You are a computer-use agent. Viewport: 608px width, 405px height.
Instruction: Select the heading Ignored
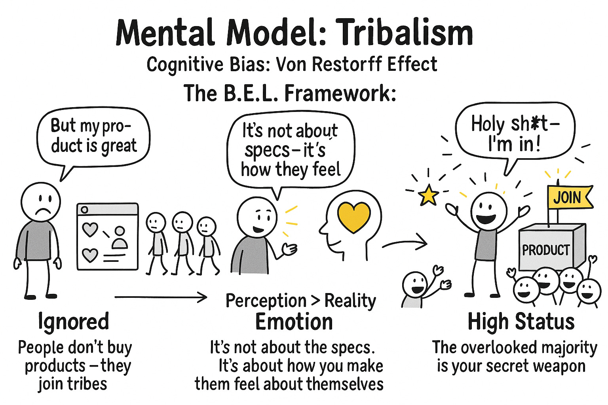pos(73,321)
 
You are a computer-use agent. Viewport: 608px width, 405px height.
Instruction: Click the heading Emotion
pos(294,322)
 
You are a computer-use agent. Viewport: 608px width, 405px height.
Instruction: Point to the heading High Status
pos(521,321)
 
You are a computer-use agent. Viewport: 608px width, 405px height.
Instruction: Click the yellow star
pos(428,195)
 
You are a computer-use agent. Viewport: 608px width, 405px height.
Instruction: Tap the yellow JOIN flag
pos(569,197)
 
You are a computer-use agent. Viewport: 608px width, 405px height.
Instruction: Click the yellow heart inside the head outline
pos(353,217)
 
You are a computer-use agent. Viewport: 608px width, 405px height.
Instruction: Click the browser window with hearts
pos(107,237)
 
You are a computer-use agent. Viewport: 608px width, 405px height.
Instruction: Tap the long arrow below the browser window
pos(160,297)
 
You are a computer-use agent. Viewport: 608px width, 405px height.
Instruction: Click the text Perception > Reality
pos(300,301)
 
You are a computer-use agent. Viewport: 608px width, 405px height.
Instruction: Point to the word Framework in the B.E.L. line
pos(340,94)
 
